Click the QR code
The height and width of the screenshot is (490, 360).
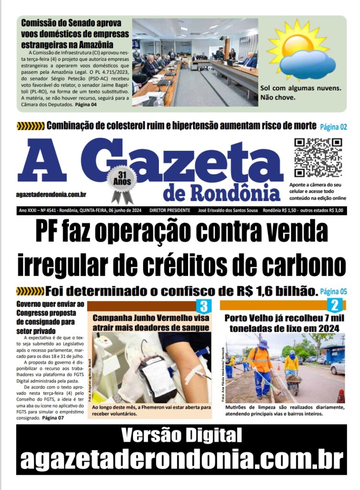(x=318, y=158)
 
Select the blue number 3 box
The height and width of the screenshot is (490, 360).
(x=203, y=306)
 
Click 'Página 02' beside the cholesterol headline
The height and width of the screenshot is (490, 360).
(x=333, y=127)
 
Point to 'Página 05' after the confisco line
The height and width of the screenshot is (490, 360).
(x=333, y=290)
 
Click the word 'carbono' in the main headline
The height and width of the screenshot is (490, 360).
(x=302, y=265)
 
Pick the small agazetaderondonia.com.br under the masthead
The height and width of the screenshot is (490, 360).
(x=51, y=194)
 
